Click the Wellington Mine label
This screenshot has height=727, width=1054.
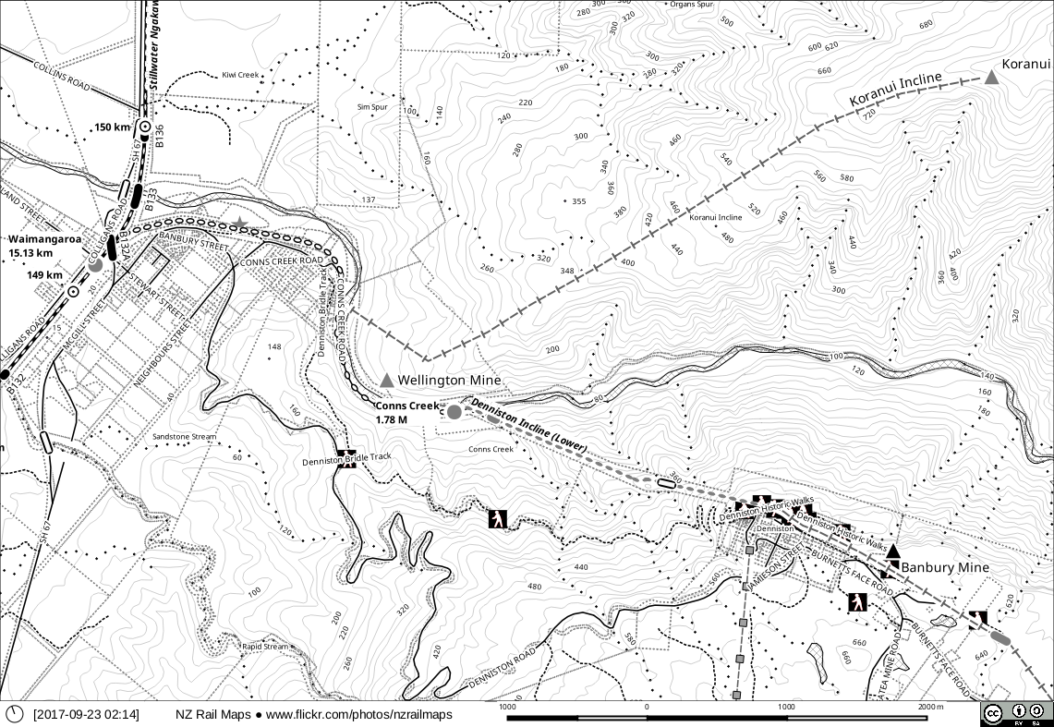(x=449, y=381)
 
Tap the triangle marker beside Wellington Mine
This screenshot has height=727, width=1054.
(x=387, y=381)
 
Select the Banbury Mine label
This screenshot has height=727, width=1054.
(x=944, y=567)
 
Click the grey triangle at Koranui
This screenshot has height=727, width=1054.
(x=991, y=78)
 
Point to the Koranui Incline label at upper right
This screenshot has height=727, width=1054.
(x=895, y=89)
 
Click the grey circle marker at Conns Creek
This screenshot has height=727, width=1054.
(x=454, y=412)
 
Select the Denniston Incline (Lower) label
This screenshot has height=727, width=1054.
(x=529, y=426)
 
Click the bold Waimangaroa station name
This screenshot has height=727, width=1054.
(x=44, y=238)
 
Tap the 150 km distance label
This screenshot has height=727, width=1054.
(x=112, y=127)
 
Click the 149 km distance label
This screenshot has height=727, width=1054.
(x=44, y=275)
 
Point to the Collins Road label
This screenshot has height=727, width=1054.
(x=61, y=76)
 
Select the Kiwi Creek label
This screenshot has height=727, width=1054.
(x=241, y=75)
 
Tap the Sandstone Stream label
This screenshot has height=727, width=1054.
(x=184, y=436)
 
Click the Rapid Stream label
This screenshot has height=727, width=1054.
(x=265, y=647)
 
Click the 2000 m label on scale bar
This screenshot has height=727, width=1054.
(x=931, y=707)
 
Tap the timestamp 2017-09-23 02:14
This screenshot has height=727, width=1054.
(x=86, y=714)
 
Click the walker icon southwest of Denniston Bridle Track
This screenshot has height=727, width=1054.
(x=498, y=518)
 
